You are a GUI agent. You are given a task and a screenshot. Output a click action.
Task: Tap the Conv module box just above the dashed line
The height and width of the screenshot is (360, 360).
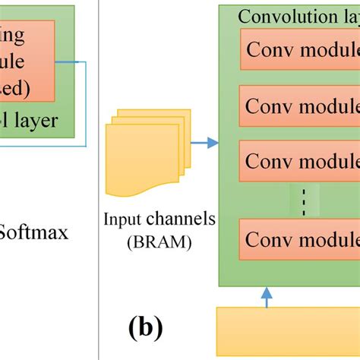pos(299,162)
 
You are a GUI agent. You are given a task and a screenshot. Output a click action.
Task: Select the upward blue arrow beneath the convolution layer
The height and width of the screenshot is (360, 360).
pos(267,297)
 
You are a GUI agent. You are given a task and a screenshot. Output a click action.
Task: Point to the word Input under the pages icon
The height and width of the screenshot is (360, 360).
pos(124,219)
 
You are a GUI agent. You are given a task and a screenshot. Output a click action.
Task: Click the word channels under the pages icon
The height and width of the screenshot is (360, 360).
pos(180,219)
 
